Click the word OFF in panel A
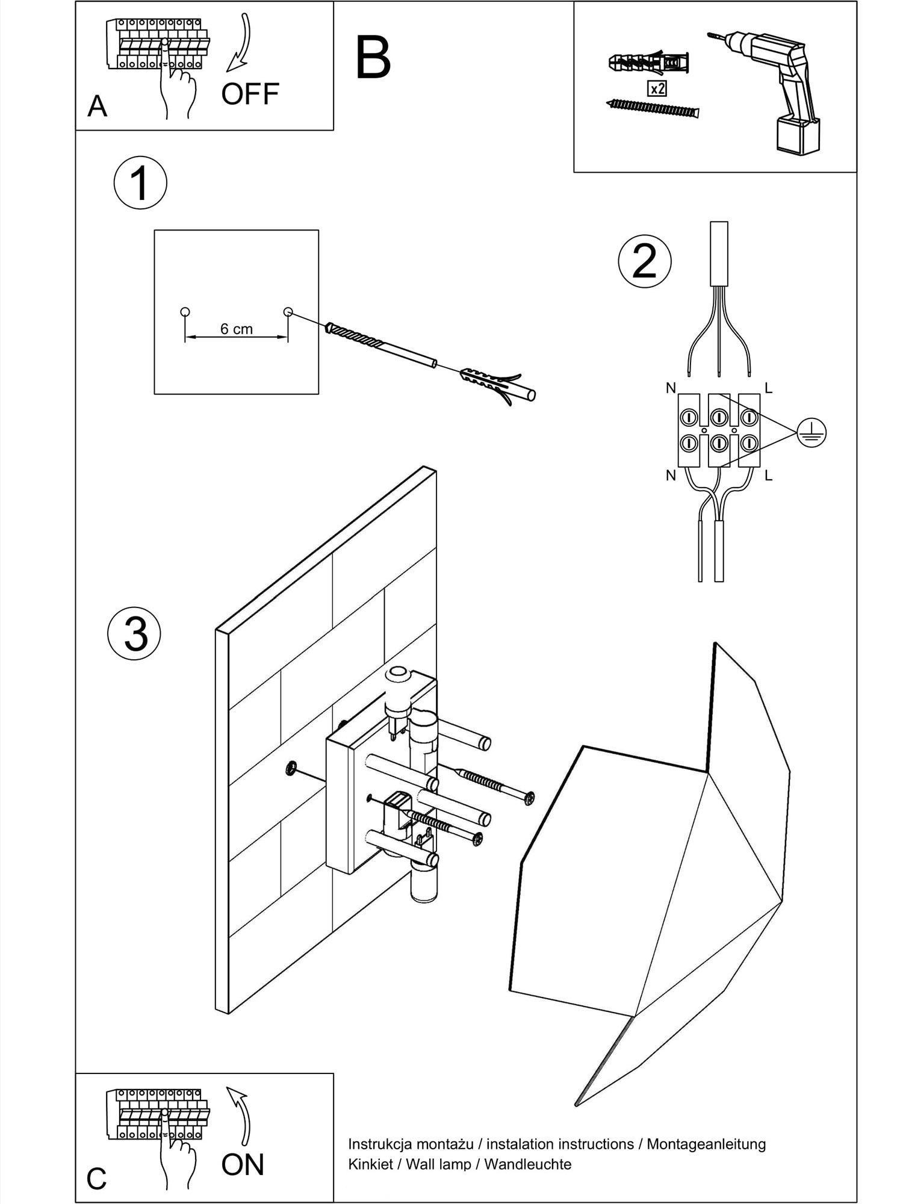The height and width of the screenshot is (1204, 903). (x=250, y=94)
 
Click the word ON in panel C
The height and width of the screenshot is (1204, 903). (x=243, y=1165)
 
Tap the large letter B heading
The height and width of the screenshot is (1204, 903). (x=373, y=58)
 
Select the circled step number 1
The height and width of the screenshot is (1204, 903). (x=140, y=183)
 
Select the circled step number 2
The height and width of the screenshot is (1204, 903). (x=645, y=261)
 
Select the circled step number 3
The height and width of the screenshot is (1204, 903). (x=135, y=634)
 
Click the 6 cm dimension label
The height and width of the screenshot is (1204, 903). (x=237, y=329)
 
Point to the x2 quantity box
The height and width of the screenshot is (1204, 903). (x=657, y=89)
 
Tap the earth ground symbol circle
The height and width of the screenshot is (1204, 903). (x=811, y=432)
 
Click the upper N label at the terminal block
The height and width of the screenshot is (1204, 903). (x=671, y=388)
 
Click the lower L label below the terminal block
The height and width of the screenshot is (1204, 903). (x=768, y=476)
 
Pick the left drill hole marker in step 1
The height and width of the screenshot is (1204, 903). (x=185, y=312)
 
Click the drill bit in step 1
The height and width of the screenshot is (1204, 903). (x=379, y=346)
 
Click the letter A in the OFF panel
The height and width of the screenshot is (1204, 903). (x=97, y=107)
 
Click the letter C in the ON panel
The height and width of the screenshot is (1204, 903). (x=96, y=1179)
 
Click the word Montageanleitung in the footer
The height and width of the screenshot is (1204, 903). (x=706, y=1144)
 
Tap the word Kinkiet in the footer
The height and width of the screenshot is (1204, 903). (x=370, y=1164)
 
